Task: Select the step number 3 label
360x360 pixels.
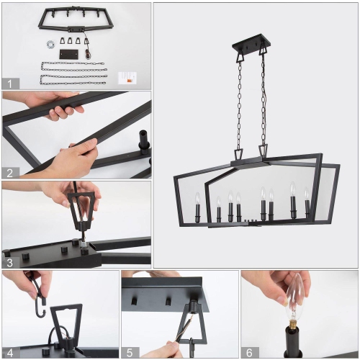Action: [9, 262]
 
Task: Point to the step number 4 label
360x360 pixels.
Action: [9, 352]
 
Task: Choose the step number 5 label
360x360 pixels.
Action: [128, 352]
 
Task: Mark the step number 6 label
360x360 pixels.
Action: [248, 352]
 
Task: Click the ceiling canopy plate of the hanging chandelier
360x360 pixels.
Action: [251, 48]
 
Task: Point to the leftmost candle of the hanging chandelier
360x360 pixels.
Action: [197, 212]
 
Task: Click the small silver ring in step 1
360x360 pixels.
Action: [51, 45]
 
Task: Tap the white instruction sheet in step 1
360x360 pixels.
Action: [129, 76]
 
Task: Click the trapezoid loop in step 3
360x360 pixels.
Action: [81, 208]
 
